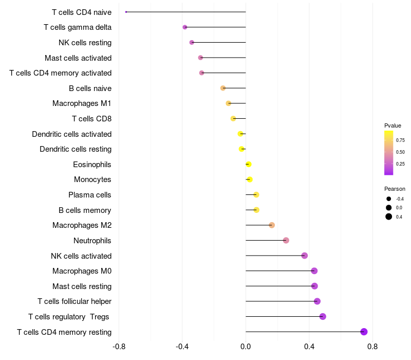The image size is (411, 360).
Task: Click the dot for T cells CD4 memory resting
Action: [364, 332]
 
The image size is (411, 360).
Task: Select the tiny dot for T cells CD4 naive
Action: [126, 12]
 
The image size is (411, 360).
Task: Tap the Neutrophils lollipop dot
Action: [286, 240]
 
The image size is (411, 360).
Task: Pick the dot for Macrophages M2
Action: [272, 225]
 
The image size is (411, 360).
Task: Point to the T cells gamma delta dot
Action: [185, 27]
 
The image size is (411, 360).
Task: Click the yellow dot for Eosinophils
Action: [249, 165]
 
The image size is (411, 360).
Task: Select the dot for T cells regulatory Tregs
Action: [323, 316]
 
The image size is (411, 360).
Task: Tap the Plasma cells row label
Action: [90, 195]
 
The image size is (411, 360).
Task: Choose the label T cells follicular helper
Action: [74, 301]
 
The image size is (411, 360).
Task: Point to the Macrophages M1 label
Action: [82, 103]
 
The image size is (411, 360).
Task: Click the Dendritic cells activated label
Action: [71, 134]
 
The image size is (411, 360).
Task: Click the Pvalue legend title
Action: [393, 125]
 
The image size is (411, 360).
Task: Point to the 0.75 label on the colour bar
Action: [400, 140]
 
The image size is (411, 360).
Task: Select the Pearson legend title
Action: [395, 189]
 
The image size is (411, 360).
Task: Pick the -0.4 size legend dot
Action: [389, 199]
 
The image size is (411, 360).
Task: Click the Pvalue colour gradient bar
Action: [389, 153]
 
